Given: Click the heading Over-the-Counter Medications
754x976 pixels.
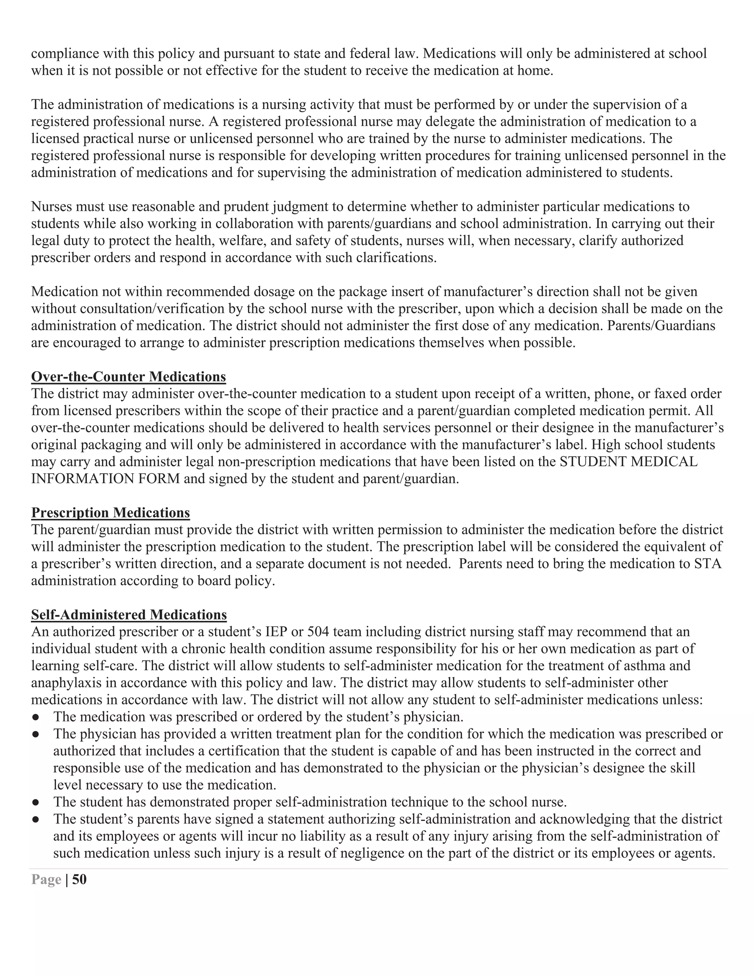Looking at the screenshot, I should click(128, 377).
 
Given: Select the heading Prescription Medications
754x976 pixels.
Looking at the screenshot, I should click(110, 513).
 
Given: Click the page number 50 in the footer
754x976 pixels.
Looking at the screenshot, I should click(79, 880).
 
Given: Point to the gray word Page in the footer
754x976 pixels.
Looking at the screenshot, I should click(46, 880).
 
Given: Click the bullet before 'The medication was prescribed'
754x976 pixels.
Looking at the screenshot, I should click(35, 717).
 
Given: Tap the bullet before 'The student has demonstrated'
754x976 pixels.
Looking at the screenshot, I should click(35, 802).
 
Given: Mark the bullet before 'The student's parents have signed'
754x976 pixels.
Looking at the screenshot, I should click(35, 819).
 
